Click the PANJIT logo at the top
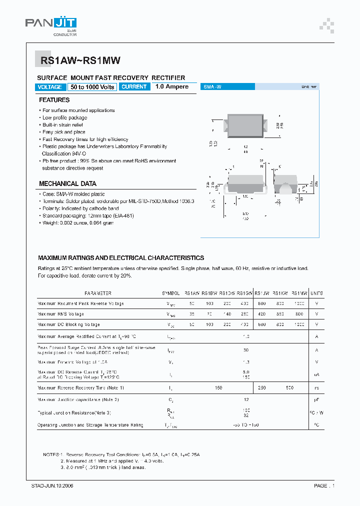click(x=51, y=25)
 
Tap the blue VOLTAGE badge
click(x=50, y=87)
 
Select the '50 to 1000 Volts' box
click(x=92, y=87)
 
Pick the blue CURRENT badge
click(x=134, y=87)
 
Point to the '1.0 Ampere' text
click(x=172, y=87)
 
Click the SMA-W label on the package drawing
click(x=212, y=87)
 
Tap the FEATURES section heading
click(x=54, y=100)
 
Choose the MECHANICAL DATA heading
click(x=68, y=183)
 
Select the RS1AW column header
click(x=192, y=293)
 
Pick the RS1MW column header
click(x=299, y=293)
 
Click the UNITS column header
click(x=316, y=293)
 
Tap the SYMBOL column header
click(x=171, y=293)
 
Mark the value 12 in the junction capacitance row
click(x=245, y=399)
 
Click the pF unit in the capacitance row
click(x=316, y=399)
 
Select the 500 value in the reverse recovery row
click(x=290, y=388)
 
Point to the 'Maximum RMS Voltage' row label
click(x=60, y=314)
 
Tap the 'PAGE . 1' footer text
click(x=324, y=485)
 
